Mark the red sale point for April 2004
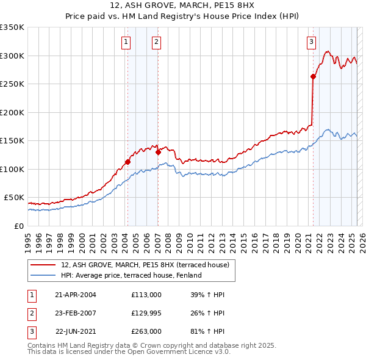[x=128, y=162]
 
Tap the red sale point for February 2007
[x=158, y=152]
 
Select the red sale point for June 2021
[x=313, y=76]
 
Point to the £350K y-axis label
[x=12, y=27]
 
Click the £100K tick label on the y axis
[x=12, y=169]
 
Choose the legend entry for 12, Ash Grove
[x=145, y=265]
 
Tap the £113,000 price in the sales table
[x=146, y=295]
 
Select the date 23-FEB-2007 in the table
[x=76, y=313]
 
